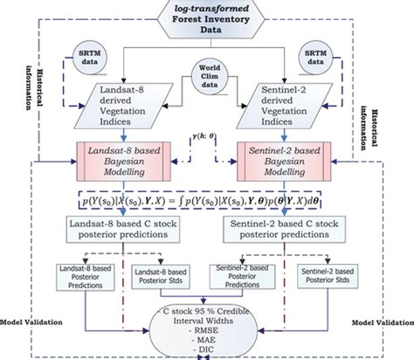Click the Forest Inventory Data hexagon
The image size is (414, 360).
click(208, 19)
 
